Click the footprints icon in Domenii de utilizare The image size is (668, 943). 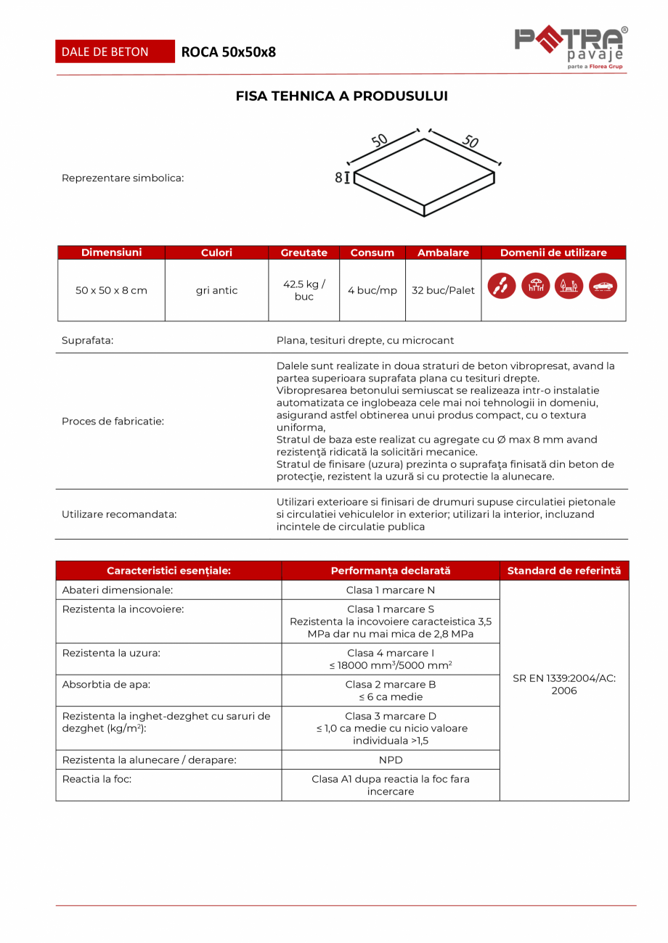pos(502,286)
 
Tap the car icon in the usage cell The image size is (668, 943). pos(603,286)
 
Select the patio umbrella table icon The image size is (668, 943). pos(536,286)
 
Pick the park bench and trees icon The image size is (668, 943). pos(569,286)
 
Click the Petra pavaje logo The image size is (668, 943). pos(571,48)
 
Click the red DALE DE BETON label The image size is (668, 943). pos(115,52)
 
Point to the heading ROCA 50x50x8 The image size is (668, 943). pos(229,52)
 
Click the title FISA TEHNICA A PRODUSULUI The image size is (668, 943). pos(341,96)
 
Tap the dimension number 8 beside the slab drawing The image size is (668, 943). pos(338,178)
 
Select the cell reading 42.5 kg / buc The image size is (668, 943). pos(304,290)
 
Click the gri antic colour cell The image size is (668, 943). pos(216,290)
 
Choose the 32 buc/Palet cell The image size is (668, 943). pos(443,290)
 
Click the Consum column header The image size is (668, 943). pos(372,252)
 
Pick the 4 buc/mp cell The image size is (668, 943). pos(372,290)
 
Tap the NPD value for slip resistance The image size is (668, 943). pos(390,759)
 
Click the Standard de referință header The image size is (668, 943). pos(563,571)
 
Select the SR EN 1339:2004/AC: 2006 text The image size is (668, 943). pos(563,684)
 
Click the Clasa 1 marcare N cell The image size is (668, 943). pos(390,590)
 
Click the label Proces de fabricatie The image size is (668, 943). pos(113,421)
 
